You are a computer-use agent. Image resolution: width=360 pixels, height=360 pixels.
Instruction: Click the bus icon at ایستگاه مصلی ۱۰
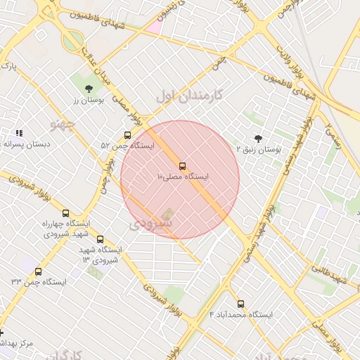pyautogui.click(x=183, y=166)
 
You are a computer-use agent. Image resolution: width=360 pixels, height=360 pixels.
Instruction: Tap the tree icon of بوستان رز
pyautogui.click(x=89, y=89)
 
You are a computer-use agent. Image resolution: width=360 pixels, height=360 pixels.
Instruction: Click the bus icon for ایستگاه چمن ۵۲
pyautogui.click(x=127, y=135)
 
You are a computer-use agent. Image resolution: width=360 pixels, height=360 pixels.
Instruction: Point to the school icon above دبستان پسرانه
pyautogui.click(x=19, y=132)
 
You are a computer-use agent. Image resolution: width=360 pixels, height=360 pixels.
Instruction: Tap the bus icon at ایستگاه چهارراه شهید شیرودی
pyautogui.click(x=66, y=213)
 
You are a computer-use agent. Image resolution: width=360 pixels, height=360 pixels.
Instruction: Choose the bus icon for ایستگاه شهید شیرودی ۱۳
pyautogui.click(x=101, y=239)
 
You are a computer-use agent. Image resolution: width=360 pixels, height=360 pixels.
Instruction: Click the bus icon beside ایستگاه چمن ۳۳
pyautogui.click(x=38, y=271)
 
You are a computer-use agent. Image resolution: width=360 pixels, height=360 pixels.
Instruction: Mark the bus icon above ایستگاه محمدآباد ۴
pyautogui.click(x=241, y=304)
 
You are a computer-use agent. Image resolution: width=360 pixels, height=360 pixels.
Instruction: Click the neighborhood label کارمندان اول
pyautogui.click(x=189, y=94)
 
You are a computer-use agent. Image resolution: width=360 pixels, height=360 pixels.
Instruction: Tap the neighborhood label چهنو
pyautogui.click(x=62, y=124)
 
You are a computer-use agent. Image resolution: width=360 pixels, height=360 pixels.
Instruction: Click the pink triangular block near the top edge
pyautogui.click(x=154, y=27)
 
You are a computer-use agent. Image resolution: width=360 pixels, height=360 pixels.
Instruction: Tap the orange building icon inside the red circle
pyautogui.click(x=167, y=213)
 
